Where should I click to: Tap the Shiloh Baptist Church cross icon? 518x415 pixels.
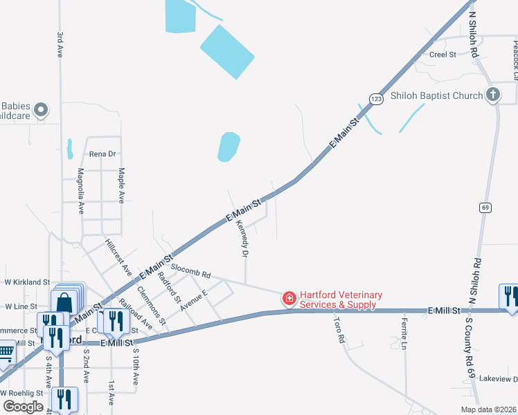pyautogui.click(x=492, y=95)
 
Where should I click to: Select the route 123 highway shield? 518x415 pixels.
pyautogui.click(x=375, y=99)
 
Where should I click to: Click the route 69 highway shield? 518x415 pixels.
pyautogui.click(x=485, y=207)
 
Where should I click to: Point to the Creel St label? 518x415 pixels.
pyautogui.click(x=443, y=54)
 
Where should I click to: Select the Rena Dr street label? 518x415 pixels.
pyautogui.click(x=102, y=154)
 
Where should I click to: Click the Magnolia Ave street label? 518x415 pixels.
pyautogui.click(x=81, y=190)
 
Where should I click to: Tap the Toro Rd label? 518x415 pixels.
pyautogui.click(x=339, y=328)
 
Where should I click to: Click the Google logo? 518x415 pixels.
pyautogui.click(x=23, y=407)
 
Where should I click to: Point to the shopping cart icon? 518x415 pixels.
pyautogui.click(x=6, y=353)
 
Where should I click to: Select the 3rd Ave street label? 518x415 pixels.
pyautogui.click(x=60, y=44)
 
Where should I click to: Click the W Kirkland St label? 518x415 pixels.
pyautogui.click(x=28, y=282)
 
